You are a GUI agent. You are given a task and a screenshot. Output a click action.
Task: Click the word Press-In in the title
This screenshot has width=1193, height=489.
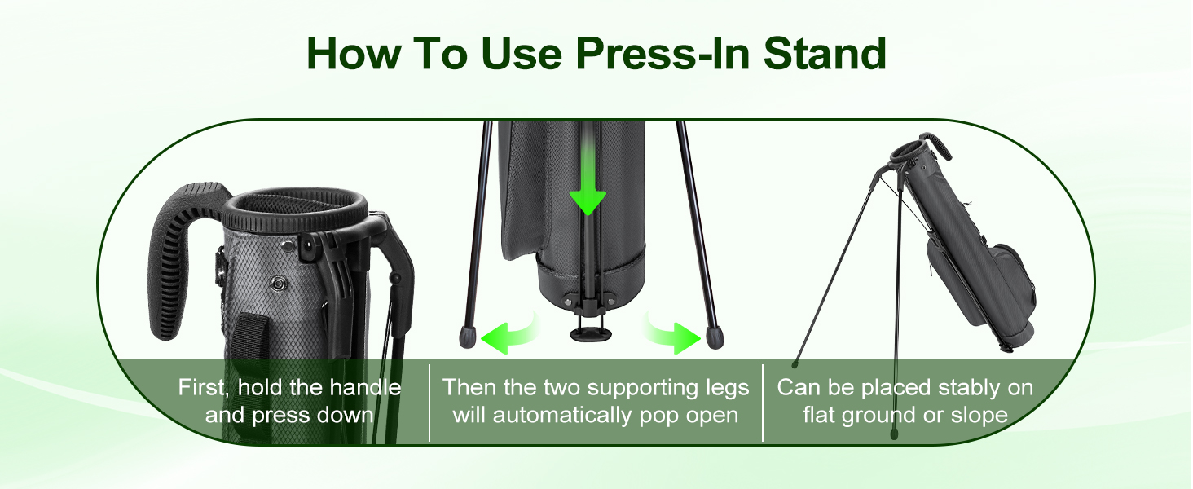[663, 54]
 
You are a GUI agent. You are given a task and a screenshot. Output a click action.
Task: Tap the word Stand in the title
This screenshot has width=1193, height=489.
[825, 53]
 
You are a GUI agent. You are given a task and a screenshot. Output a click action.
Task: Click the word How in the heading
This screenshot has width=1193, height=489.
[354, 53]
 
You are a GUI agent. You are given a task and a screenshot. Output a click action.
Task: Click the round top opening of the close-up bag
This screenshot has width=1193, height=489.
[294, 210]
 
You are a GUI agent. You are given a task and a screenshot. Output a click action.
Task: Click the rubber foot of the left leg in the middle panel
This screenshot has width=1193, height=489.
[467, 337]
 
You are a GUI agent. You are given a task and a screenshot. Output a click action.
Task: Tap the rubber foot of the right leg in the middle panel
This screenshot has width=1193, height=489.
[714, 337]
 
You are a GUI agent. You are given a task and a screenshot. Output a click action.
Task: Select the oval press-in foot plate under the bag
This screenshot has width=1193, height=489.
[588, 334]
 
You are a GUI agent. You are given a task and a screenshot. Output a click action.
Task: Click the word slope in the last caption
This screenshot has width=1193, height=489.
[979, 416]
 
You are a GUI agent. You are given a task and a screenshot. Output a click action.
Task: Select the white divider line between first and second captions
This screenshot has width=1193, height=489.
[429, 403]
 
